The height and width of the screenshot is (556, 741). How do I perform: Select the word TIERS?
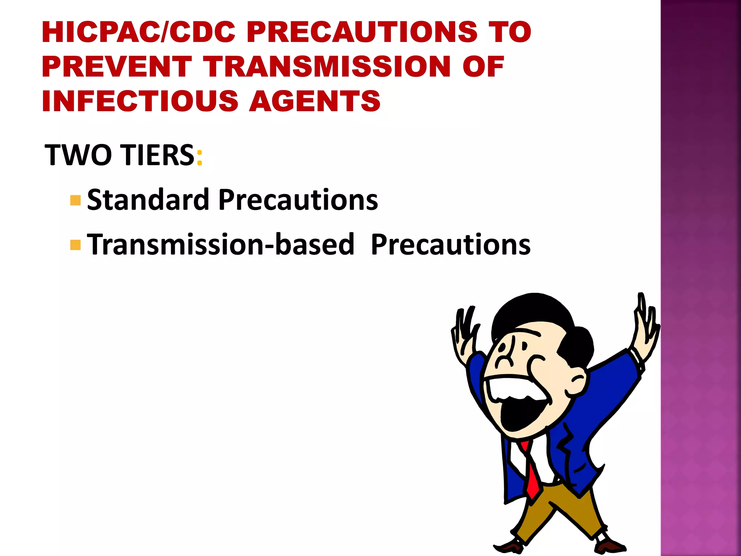[x=158, y=155]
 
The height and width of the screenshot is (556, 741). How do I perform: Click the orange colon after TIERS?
[x=199, y=158]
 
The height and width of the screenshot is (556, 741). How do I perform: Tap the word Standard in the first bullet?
[x=148, y=200]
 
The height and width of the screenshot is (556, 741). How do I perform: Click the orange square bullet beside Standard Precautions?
[x=75, y=200]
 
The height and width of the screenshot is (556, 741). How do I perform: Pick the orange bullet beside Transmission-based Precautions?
[x=75, y=245]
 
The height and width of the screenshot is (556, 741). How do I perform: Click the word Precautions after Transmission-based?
[x=450, y=245]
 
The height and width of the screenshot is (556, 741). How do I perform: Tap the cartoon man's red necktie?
[x=532, y=474]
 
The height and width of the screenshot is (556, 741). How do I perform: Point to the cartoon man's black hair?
[x=535, y=311]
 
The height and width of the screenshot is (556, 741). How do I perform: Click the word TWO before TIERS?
[x=78, y=155]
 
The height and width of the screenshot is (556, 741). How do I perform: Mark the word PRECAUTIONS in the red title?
[x=362, y=32]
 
